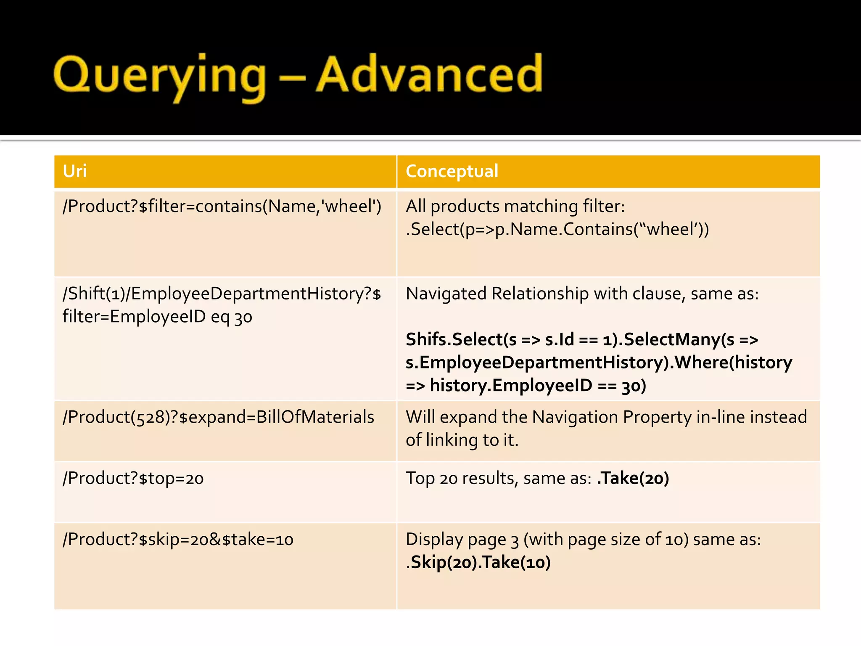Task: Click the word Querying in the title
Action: (160, 76)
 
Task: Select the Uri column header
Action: (75, 171)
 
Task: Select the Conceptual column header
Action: (452, 171)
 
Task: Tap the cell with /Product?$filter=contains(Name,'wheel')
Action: (222, 207)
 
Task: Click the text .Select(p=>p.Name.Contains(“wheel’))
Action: (557, 230)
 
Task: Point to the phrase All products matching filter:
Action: (515, 207)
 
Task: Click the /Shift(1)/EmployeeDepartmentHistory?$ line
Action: (222, 294)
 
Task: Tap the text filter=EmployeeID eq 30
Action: (157, 317)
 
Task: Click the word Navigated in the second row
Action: (446, 294)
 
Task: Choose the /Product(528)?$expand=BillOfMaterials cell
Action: (218, 417)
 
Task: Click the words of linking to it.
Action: (462, 440)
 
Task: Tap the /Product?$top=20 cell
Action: (133, 479)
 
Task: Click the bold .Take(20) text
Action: (633, 479)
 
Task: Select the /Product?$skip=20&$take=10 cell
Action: (178, 540)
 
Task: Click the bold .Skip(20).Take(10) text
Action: (478, 563)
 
